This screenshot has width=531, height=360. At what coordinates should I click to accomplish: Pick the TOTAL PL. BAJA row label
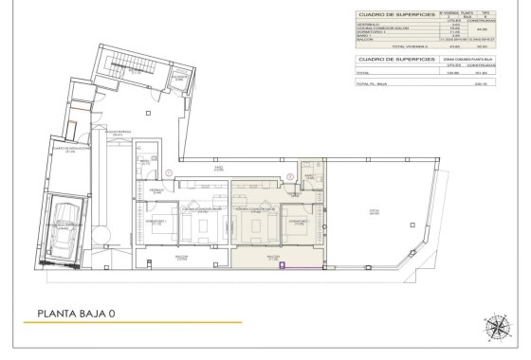point(372,84)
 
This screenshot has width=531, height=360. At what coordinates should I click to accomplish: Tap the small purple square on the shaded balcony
point(283,267)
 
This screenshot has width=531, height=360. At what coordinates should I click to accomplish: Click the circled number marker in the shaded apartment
point(288,176)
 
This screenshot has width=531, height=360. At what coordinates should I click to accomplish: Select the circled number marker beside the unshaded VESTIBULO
point(169,172)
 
